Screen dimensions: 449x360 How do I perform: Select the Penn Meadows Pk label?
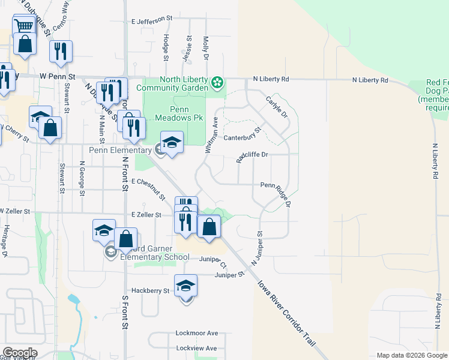tap(172, 113)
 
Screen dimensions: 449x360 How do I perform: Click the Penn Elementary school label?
tap(121, 150)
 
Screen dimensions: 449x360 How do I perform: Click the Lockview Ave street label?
tap(196, 348)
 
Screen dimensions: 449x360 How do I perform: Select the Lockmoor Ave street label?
tap(196, 333)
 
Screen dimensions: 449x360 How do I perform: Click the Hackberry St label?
tap(150, 290)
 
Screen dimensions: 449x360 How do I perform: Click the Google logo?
tap(19, 353)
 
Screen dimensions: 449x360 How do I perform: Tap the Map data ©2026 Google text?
tap(411, 355)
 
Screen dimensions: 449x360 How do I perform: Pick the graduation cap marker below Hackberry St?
tap(186, 286)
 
